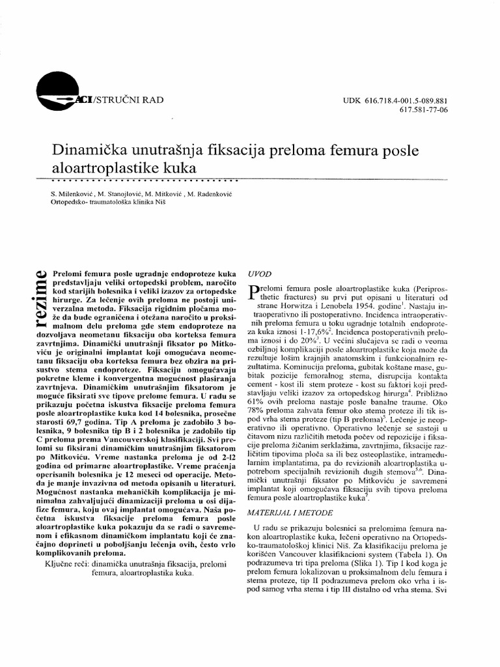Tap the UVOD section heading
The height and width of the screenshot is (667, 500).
[x=261, y=274]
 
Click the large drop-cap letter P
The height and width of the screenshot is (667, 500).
[x=256, y=294]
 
